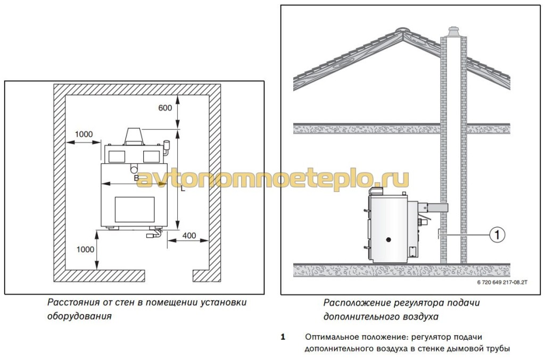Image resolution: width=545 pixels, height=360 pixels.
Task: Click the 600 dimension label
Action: [x=165, y=108]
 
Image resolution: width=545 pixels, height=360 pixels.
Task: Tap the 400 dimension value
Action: [x=189, y=236]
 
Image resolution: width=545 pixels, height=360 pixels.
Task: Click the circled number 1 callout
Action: [x=497, y=235]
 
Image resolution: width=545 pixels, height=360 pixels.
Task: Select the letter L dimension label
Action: [x=183, y=189]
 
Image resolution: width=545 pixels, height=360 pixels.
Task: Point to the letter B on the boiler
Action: [x=137, y=178]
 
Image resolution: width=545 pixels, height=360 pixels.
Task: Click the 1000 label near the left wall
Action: [x=84, y=135]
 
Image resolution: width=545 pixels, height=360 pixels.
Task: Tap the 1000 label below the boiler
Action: [x=85, y=249]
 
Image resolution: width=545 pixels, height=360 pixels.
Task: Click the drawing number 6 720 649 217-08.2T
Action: [x=502, y=282]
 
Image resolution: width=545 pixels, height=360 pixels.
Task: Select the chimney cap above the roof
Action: [x=453, y=31]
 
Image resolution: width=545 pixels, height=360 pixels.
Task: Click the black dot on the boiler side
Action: [x=389, y=239]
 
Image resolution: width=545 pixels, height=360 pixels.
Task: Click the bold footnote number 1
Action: [x=283, y=337]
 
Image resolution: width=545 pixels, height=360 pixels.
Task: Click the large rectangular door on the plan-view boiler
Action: [x=135, y=210]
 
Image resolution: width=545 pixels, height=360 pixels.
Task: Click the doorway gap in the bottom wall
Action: [x=169, y=275]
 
